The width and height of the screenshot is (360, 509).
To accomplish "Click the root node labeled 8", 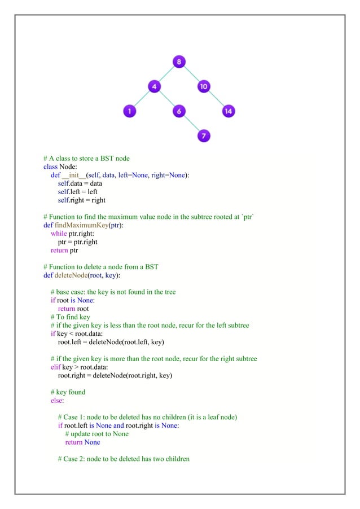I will (x=178, y=62).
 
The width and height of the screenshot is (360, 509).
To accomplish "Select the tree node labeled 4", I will (x=154, y=86).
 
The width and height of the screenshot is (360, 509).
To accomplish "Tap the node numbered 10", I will (x=203, y=86).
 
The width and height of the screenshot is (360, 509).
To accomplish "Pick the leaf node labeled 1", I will (x=129, y=111).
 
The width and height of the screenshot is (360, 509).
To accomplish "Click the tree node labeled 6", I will (x=178, y=111).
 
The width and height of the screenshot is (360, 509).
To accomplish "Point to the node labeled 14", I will (x=227, y=111).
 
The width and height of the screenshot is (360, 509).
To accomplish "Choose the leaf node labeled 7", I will (x=203, y=136).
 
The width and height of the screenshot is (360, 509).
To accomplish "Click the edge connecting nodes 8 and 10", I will (x=191, y=74).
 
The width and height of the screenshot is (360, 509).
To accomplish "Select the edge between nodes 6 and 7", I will (x=191, y=124).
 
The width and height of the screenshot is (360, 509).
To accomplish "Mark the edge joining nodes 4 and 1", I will (x=142, y=99).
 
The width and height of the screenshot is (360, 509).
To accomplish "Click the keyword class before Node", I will (x=51, y=167).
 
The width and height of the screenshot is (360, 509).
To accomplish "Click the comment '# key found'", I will (x=68, y=392).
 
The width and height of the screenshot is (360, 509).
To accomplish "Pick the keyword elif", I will (x=56, y=367).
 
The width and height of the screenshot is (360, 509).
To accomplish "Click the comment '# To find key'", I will (x=70, y=317).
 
